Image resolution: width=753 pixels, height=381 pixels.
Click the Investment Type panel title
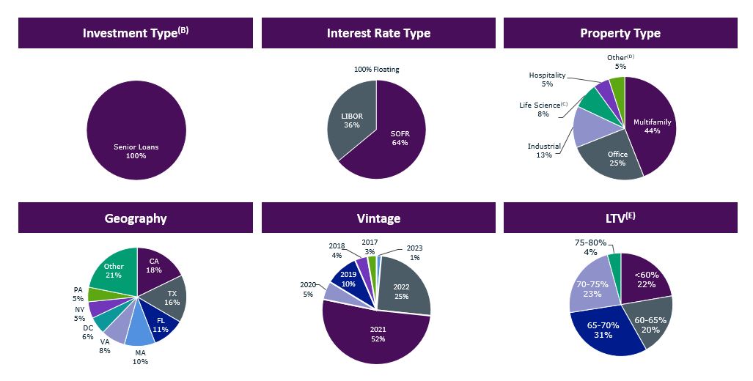pyautogui.click(x=135, y=33)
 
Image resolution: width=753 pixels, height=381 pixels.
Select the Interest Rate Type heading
pyautogui.click(x=378, y=33)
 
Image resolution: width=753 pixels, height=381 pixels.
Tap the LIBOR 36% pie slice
pyautogui.click(x=352, y=122)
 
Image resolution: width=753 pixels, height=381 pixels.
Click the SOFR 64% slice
pyautogui.click(x=400, y=136)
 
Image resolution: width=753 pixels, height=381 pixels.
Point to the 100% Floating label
pyautogui.click(x=377, y=70)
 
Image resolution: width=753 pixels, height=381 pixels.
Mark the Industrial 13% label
pyautogui.click(x=543, y=150)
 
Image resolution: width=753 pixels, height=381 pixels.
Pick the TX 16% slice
pyautogui.click(x=172, y=297)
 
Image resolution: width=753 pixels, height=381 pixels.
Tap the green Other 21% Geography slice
pyautogui.click(x=114, y=270)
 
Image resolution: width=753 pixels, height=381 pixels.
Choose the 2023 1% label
pyautogui.click(x=414, y=252)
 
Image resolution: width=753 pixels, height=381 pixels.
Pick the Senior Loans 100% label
pyautogui.click(x=136, y=151)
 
